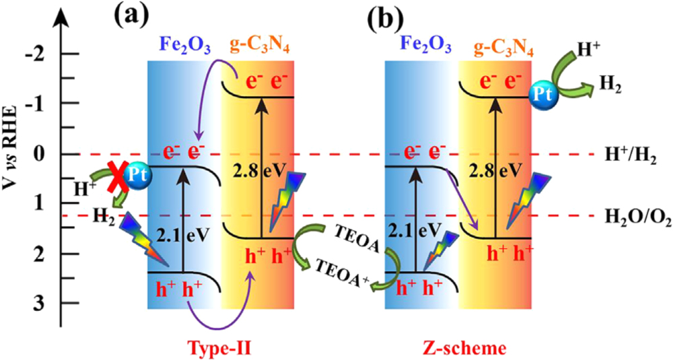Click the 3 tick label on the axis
[41, 303]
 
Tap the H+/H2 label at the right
[629, 154]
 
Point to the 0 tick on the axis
[41, 154]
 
